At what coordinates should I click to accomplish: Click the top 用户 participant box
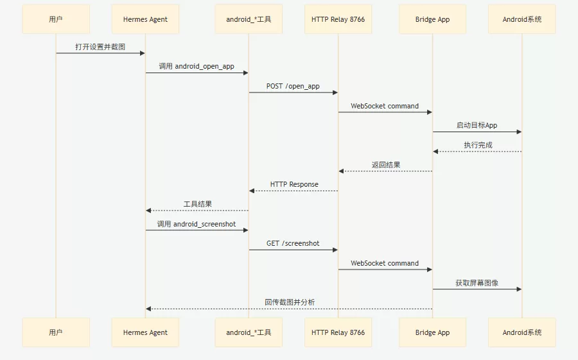(56, 19)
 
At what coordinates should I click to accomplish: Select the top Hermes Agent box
(145, 19)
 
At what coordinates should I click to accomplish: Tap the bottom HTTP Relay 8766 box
(338, 332)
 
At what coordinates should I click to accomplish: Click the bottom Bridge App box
(432, 332)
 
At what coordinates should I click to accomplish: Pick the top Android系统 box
(522, 19)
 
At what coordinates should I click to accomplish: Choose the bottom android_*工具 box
(249, 332)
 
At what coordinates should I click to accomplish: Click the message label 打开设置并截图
(100, 47)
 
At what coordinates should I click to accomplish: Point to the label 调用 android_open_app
(197, 66)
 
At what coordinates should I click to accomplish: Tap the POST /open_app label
(293, 86)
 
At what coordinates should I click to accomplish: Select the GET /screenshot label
(293, 243)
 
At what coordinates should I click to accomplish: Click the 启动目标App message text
(477, 125)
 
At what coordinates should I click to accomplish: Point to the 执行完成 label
(478, 145)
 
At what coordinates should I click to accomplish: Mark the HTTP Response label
(294, 184)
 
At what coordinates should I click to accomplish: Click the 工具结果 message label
(198, 204)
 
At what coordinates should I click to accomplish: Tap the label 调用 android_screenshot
(197, 224)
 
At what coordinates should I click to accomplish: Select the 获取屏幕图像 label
(477, 283)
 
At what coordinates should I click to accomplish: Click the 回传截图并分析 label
(290, 302)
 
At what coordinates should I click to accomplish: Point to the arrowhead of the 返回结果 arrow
(341, 171)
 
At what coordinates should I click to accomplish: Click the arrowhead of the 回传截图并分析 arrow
(148, 309)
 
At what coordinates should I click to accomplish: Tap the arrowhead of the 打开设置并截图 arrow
(143, 53)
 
